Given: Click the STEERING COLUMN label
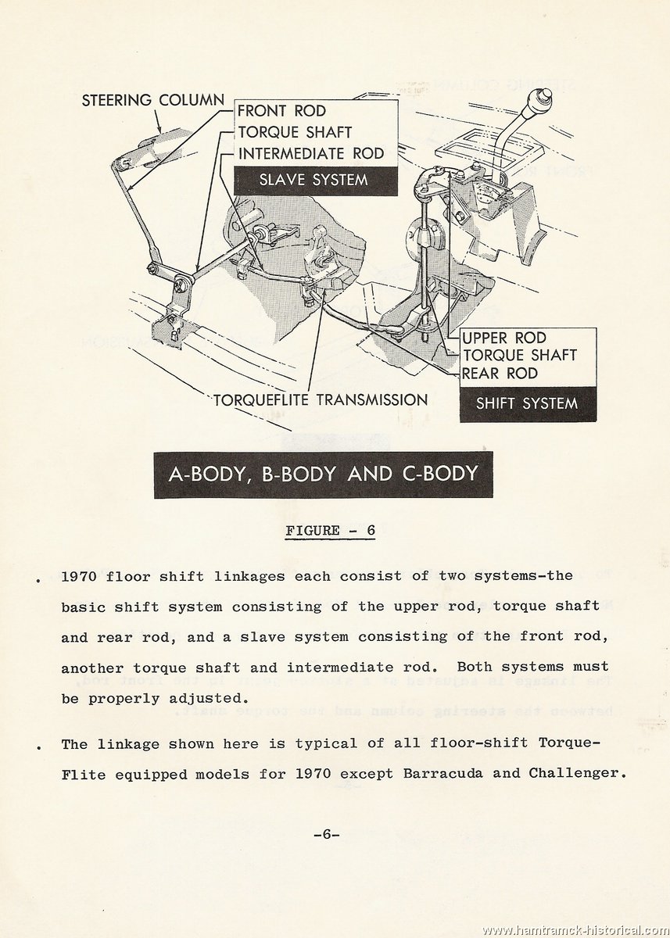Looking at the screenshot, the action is pos(153,101).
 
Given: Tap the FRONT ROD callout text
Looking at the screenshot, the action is pos(281,111).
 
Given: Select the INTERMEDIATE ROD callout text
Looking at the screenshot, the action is pos(311,153).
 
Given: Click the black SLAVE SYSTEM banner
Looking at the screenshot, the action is pos(315,181).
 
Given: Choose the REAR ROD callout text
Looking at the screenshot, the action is pos(500,373).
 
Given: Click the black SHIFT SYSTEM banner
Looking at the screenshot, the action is pos(528,403).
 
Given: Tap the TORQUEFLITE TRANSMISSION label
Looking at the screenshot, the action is pos(321,400).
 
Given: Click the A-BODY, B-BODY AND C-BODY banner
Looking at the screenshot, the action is pos(324,474).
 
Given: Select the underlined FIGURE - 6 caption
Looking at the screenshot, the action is pos(330,532).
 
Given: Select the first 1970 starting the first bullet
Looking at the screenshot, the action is pos(79,576).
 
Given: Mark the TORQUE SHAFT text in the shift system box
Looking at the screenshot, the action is pos(519,356).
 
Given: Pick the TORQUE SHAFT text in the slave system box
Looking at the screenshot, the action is pos(295,132).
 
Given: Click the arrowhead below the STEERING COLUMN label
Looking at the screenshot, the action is pos(160,129).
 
